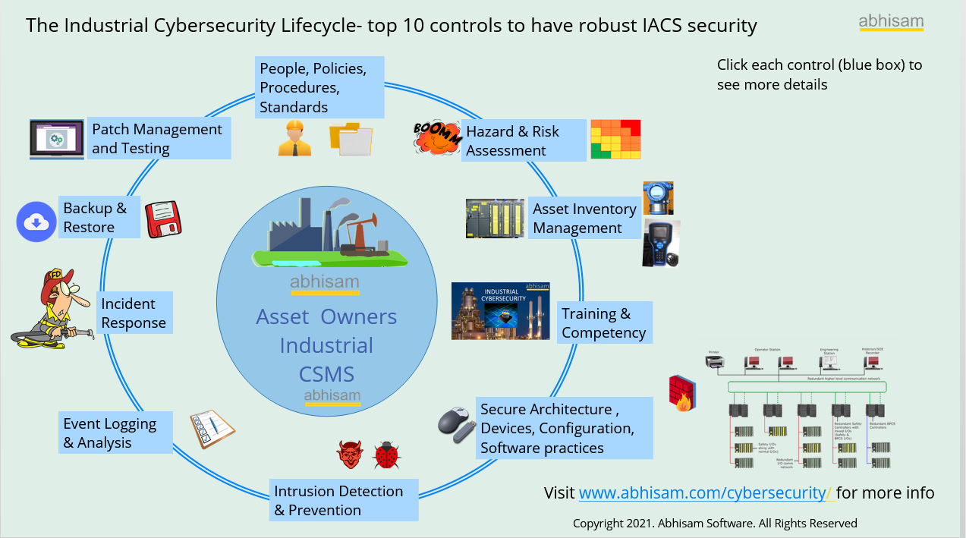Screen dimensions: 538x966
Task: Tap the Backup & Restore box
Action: click(99, 217)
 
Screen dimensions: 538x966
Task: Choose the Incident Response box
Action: click(134, 313)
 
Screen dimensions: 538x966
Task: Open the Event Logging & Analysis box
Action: click(115, 433)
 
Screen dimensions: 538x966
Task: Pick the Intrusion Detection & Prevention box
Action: click(344, 500)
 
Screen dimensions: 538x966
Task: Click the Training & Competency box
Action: click(605, 322)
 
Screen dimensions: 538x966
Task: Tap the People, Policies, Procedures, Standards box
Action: click(319, 87)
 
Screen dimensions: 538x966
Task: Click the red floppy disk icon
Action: click(162, 219)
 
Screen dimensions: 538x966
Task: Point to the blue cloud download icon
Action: click(36, 222)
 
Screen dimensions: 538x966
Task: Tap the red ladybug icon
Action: click(386, 455)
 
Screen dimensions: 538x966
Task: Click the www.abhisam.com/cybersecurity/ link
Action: click(706, 492)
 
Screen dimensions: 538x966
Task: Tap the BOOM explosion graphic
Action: click(437, 137)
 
